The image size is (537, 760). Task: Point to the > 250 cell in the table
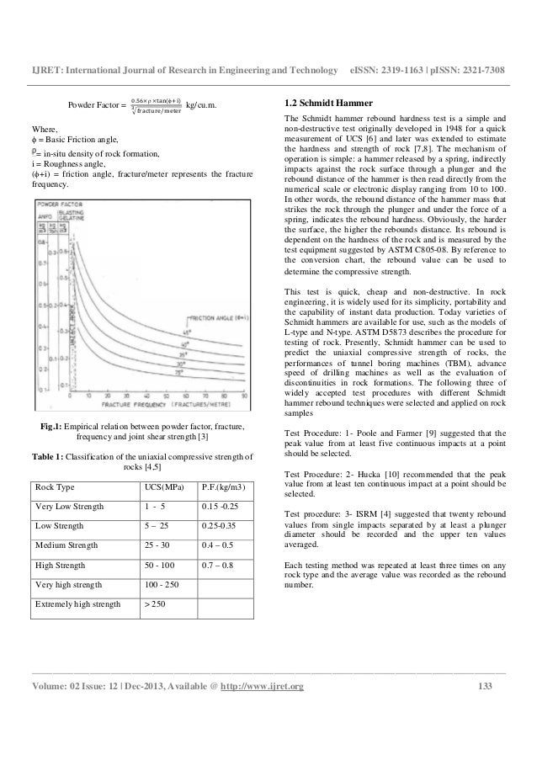point(155,605)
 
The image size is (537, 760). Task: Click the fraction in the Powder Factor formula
point(152,104)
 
